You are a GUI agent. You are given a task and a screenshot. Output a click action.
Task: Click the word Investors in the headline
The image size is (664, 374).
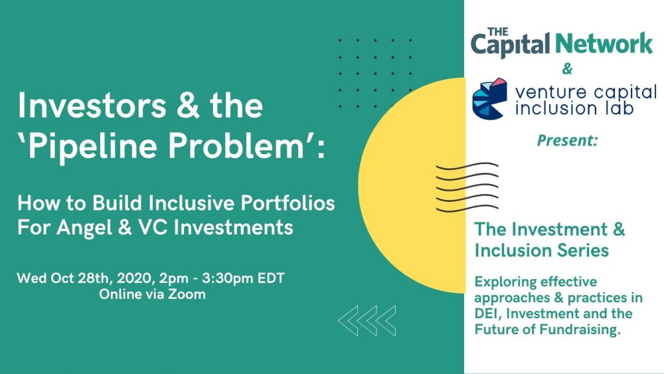point(92,105)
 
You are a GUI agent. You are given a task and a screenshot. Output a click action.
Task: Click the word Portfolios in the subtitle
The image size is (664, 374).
point(288,203)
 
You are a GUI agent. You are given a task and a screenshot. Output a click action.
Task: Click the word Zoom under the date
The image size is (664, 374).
point(187,294)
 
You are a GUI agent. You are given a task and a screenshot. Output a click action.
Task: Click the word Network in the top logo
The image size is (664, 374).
point(603,44)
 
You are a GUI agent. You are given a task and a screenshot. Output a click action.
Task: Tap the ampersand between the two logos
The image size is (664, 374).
point(567,68)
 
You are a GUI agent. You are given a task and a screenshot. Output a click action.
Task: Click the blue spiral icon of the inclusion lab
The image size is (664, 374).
point(489,99)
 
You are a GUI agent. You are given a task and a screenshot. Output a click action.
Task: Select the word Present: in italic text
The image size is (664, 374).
point(568,140)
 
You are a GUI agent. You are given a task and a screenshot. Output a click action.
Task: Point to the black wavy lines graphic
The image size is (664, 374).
point(467,187)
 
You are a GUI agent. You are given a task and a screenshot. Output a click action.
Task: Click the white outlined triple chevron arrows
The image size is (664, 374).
point(367,321)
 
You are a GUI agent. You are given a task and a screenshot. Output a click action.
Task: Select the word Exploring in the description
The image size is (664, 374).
point(503,282)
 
